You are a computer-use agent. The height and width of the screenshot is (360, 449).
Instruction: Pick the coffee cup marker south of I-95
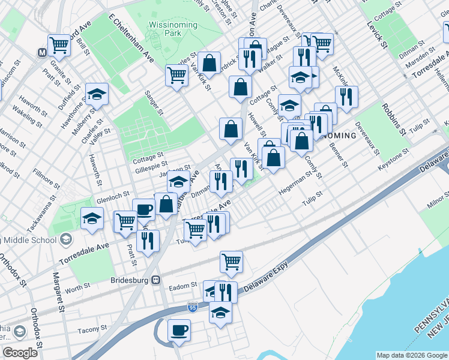point(179,330)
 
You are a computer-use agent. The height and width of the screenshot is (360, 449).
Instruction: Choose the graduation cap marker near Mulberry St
point(96,95)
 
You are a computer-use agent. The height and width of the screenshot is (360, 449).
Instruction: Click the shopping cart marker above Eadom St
point(231,262)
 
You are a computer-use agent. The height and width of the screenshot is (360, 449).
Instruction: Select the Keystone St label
point(393,164)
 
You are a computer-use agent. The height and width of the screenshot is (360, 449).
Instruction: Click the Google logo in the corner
point(20,353)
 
